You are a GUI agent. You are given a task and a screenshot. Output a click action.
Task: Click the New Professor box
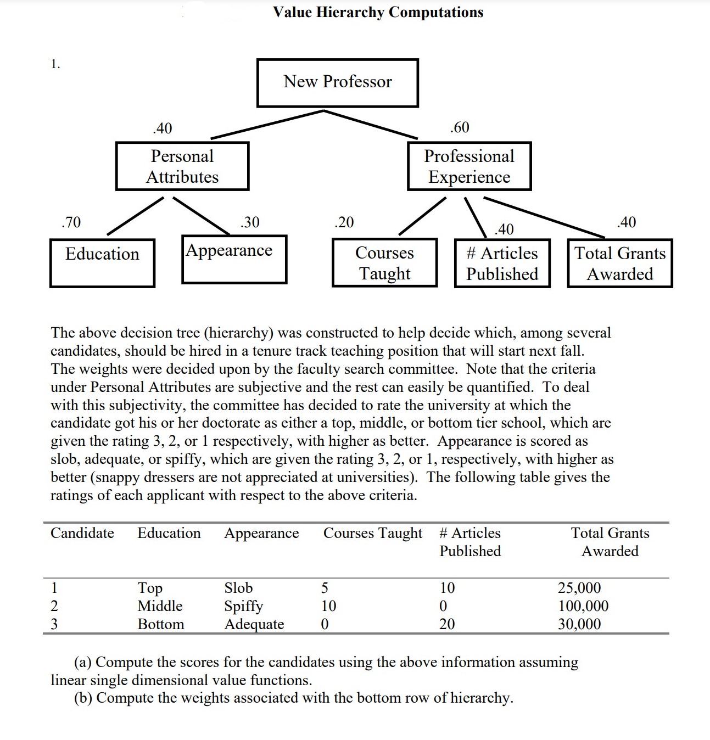point(337,82)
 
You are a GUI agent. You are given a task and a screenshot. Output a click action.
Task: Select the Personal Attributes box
point(182,166)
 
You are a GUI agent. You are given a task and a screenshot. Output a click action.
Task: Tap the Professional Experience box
point(469,166)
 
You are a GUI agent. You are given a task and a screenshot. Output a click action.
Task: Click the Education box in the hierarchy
point(102,262)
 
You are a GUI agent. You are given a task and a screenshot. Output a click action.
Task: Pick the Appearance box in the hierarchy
point(234,259)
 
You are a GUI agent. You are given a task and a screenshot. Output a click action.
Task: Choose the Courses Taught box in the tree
point(384,262)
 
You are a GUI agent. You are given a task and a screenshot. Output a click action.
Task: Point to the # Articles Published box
point(502,263)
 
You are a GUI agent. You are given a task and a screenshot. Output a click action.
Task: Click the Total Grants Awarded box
point(619,263)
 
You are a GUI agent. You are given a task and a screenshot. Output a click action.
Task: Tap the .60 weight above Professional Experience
point(460,127)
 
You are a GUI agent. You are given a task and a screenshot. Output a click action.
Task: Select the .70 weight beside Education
point(71,222)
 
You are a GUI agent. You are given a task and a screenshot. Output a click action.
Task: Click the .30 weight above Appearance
point(250,222)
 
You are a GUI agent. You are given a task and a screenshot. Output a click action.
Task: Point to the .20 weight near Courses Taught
point(344,222)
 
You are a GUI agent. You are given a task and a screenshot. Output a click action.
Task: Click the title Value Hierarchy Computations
point(378,12)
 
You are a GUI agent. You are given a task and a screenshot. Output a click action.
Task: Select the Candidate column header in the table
point(82,533)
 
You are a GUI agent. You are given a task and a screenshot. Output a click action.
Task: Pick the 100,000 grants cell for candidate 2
point(583,606)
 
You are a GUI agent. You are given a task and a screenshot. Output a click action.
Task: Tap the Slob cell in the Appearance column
point(238,588)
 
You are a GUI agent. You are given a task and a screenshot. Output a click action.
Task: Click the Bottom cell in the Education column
point(161,624)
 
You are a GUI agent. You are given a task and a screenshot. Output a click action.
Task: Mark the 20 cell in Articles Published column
point(447,624)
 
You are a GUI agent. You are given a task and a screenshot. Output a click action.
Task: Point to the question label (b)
point(84,698)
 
